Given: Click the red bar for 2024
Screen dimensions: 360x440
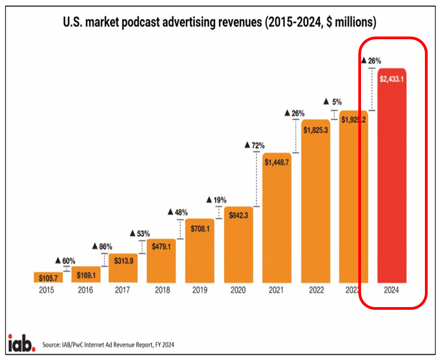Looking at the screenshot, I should point(392,183).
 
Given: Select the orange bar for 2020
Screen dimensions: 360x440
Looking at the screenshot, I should point(239,246).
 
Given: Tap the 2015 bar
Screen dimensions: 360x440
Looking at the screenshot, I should point(48,277).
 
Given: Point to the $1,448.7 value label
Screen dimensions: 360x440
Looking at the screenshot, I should point(277,162).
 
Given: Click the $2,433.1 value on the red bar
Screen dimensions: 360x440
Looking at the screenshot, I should point(392,78).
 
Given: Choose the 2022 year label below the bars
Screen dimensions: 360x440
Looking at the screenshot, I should point(315,290).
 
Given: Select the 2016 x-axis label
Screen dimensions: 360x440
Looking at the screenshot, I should point(85,290).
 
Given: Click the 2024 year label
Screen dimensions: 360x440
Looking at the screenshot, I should point(392,290).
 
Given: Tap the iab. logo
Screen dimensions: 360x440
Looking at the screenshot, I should point(21,343).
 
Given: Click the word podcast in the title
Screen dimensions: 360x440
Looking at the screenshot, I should point(170,22).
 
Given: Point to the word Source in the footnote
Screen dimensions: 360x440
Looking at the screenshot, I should point(52,345).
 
